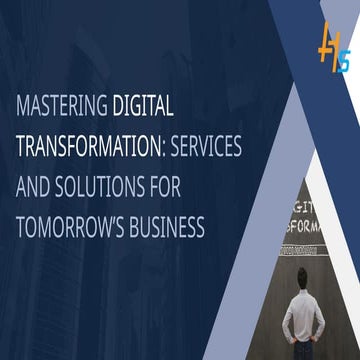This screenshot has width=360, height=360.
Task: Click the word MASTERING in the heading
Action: pos(62,103)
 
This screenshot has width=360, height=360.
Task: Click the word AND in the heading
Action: pos(34,185)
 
